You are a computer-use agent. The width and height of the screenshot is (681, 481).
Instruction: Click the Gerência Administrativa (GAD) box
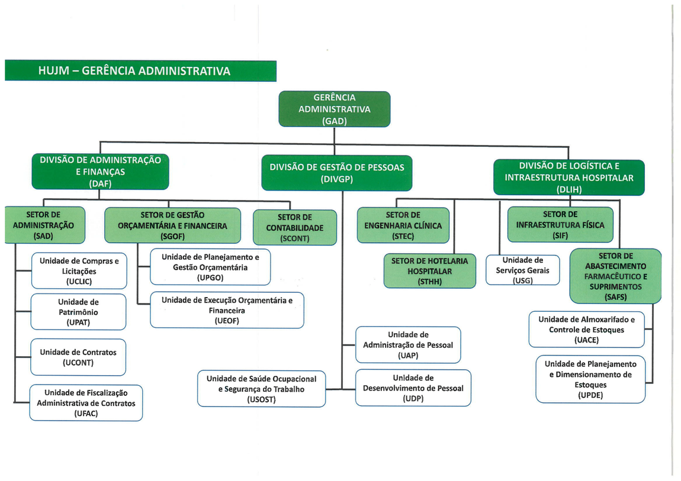pos(334,109)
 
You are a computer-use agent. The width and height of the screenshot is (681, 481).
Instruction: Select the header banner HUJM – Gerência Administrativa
pos(140,71)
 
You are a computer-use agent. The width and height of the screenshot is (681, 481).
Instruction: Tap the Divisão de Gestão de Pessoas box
pos(337,173)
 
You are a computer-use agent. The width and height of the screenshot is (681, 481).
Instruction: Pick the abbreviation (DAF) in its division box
pos(100,183)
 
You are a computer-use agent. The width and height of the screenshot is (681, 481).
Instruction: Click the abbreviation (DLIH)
pos(569,189)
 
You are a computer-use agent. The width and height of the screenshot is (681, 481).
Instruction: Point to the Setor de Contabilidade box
pos(294,228)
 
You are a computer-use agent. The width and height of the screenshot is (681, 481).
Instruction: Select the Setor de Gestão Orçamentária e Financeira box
pos(172,225)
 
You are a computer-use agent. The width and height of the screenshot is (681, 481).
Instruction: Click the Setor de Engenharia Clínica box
pos(403,225)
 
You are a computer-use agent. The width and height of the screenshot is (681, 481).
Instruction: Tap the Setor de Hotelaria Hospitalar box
pos(429,271)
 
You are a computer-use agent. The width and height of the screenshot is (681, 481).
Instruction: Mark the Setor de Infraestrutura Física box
pos(560,225)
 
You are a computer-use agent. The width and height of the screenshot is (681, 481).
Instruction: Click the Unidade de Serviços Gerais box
pos(522,270)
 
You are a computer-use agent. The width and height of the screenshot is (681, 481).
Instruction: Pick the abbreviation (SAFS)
pos(616,297)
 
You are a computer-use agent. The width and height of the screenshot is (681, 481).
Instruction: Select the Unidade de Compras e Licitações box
pos(79,271)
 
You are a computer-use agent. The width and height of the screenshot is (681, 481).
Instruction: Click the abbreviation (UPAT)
pos(78,322)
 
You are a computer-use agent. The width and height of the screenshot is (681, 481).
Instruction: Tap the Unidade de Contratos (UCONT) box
pos(78,357)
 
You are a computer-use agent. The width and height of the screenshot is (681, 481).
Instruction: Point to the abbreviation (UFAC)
pos(86,414)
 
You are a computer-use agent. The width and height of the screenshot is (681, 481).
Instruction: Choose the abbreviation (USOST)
pos(261,399)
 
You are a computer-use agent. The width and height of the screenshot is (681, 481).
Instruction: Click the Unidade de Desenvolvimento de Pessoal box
pos(413,388)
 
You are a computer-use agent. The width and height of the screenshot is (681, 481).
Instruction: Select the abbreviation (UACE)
pos(586,340)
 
